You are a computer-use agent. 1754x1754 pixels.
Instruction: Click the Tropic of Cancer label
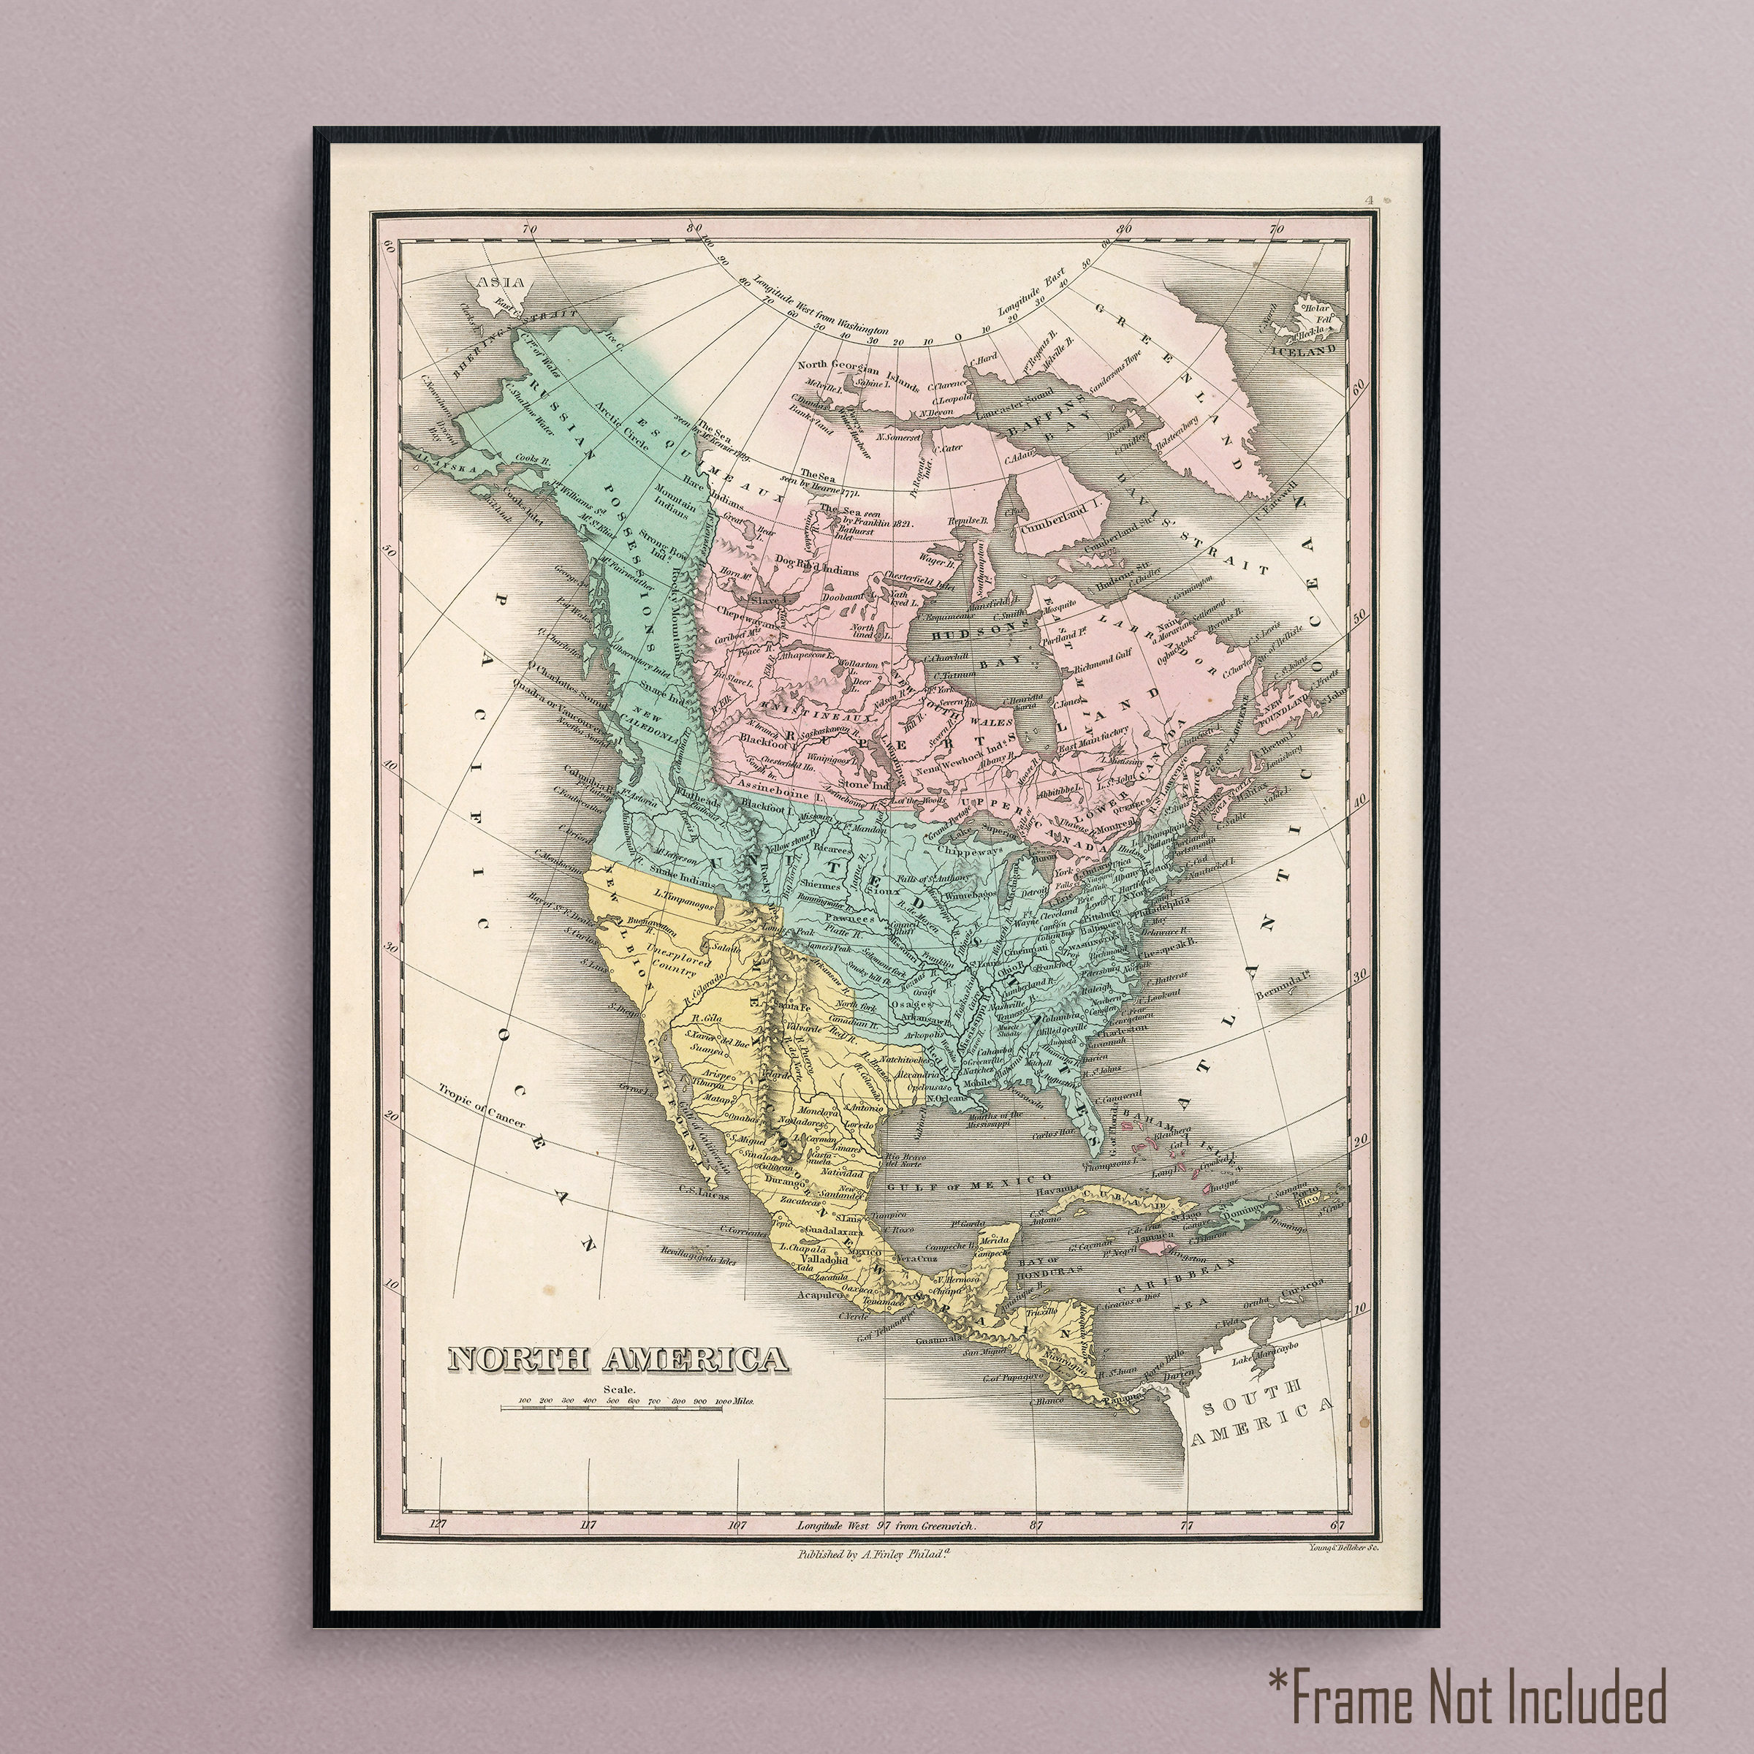481,1105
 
